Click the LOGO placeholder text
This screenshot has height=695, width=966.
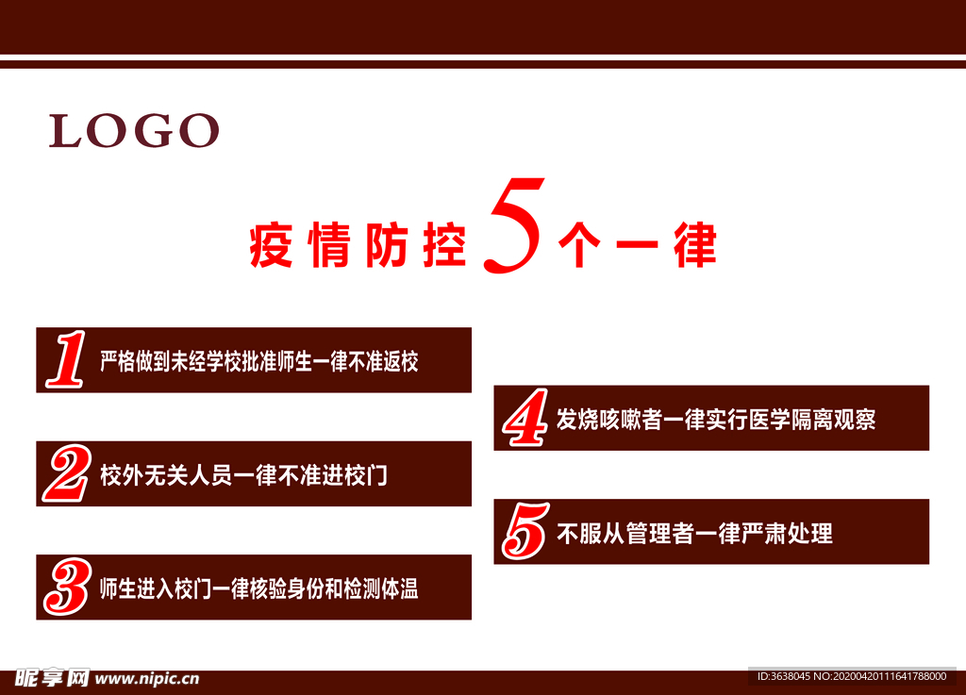point(134,130)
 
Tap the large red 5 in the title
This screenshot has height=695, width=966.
point(513,225)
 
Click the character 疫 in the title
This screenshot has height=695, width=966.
point(271,245)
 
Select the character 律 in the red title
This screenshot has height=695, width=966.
point(694,245)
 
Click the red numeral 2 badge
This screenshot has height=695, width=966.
point(67,473)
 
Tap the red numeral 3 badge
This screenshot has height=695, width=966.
point(68,587)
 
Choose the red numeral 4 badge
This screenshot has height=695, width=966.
point(525,418)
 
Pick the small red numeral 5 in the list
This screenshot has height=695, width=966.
point(525,531)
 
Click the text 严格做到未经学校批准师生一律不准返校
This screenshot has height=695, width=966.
point(259,361)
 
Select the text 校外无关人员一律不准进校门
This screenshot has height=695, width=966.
point(244,475)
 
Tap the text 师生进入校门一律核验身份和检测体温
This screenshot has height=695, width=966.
point(259,589)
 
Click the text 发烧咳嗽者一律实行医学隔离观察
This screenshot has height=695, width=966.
point(716,420)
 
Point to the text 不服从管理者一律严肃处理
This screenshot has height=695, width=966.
point(694,533)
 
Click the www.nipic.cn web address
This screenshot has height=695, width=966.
point(147,678)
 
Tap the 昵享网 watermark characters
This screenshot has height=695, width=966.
point(53,678)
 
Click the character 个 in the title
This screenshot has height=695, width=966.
point(579,245)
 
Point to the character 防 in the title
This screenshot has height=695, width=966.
point(387,245)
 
